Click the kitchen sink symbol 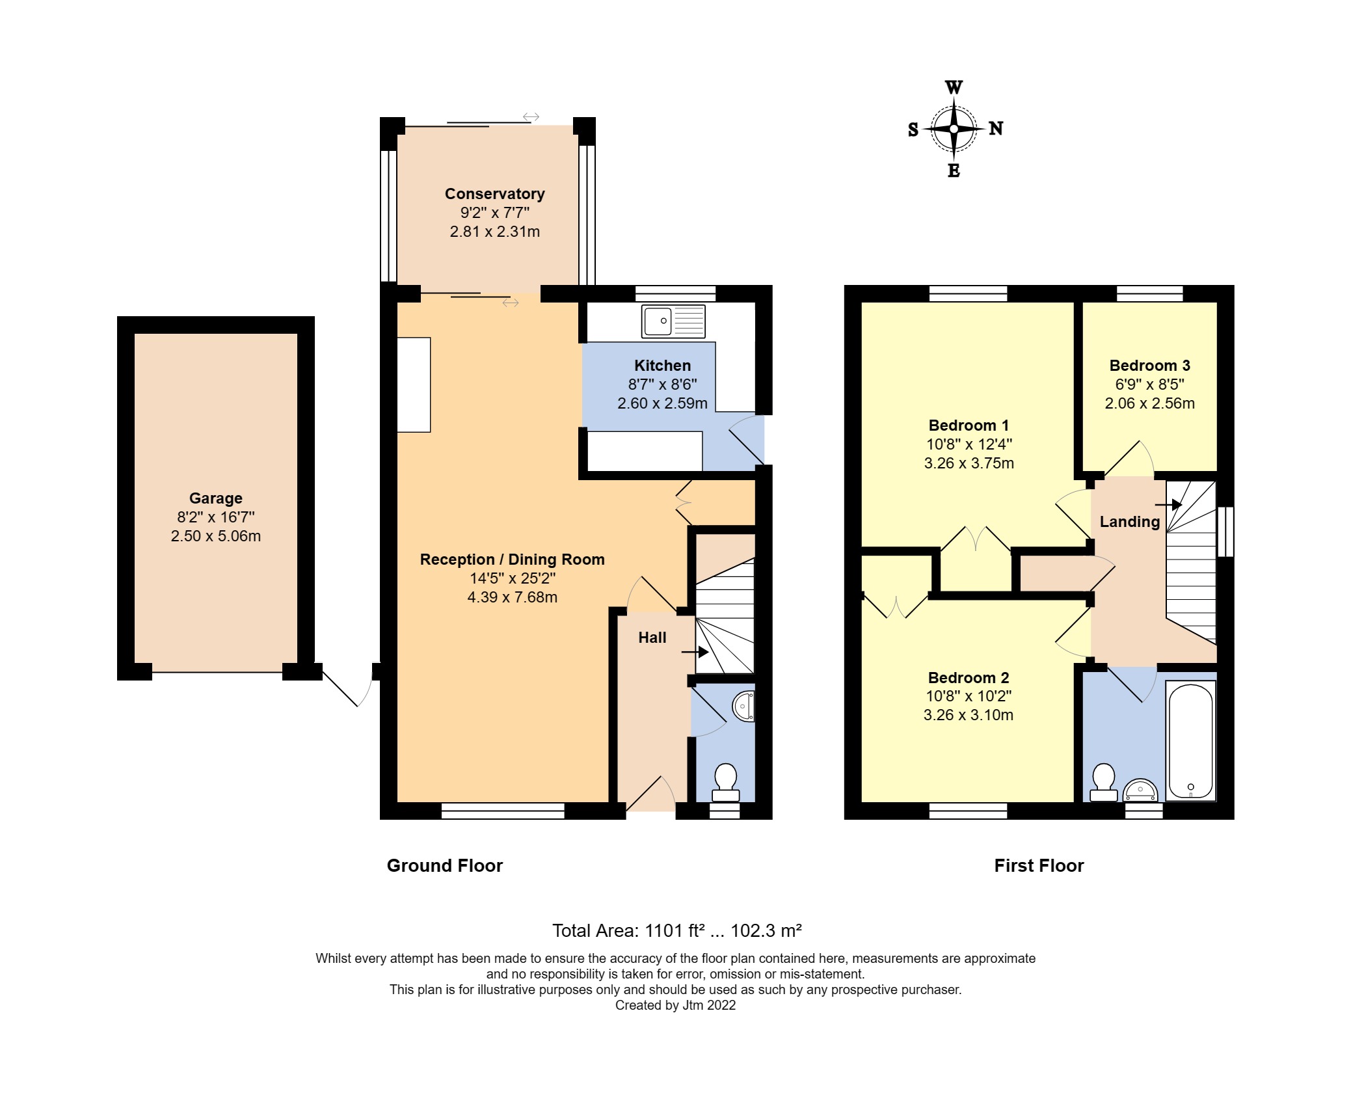coord(673,321)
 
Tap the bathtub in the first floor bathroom coord(1190,740)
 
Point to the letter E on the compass coord(954,170)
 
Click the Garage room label coord(215,498)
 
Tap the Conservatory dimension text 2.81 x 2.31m coord(494,232)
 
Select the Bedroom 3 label coord(1149,366)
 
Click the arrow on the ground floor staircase coord(695,651)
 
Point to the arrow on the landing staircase coord(1169,504)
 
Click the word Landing coord(1129,522)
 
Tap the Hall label coord(652,638)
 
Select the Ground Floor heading coord(444,866)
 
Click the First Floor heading coord(1039,866)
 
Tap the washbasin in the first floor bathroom coord(1141,790)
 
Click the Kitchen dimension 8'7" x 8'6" coord(662,385)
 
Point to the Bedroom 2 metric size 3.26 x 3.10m coord(968,715)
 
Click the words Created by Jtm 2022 coord(675,1005)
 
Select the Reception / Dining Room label coord(512,560)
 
